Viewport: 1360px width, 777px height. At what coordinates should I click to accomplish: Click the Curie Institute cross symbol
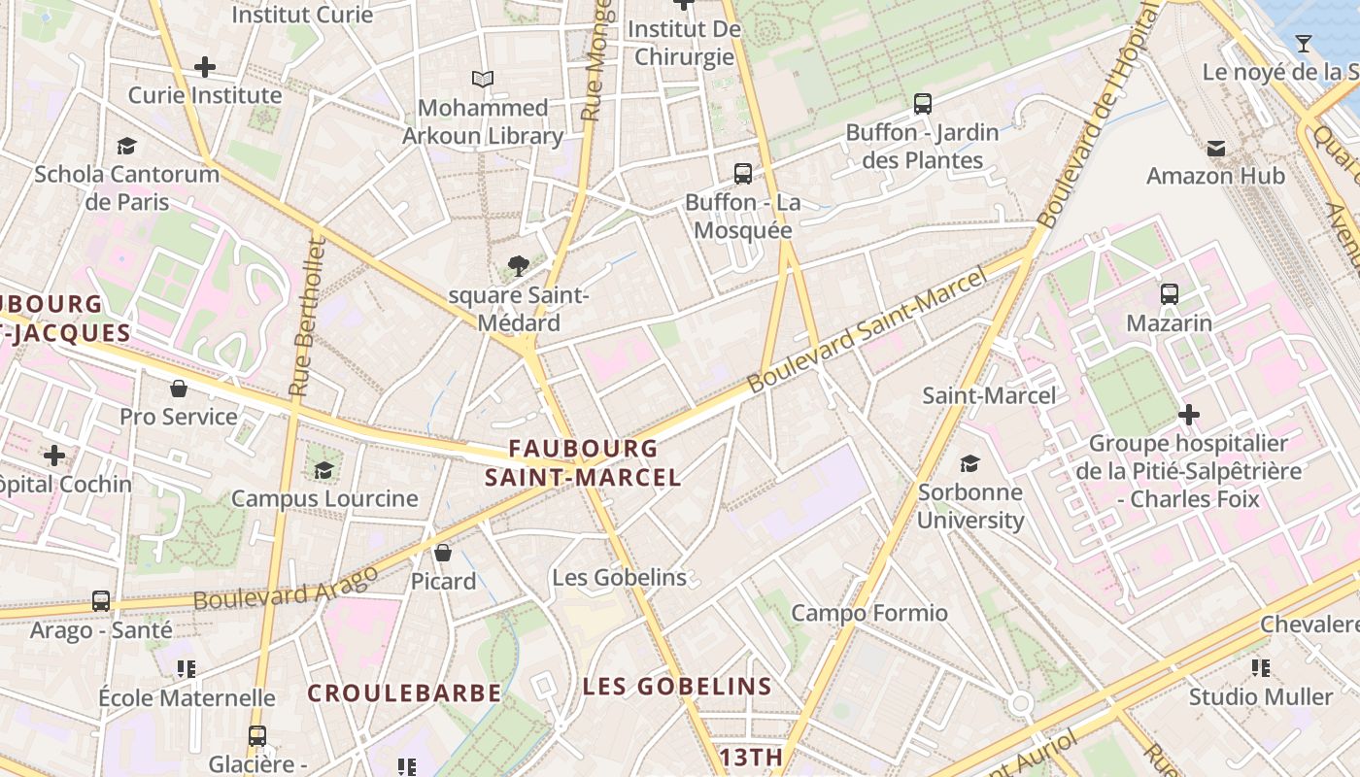tap(204, 67)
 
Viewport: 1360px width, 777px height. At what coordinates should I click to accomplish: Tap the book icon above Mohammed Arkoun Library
tap(483, 79)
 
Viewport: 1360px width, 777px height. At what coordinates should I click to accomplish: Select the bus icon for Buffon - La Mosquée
tap(743, 174)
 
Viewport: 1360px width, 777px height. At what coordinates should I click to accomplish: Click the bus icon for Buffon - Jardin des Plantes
tap(923, 103)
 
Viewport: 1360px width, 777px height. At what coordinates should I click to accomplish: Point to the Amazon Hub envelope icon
tap(1215, 148)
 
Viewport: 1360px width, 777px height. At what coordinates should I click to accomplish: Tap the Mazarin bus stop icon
tap(1170, 293)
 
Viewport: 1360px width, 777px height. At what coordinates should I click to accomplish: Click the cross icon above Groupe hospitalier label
tap(1188, 415)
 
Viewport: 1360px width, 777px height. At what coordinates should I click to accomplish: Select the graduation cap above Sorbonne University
tap(969, 463)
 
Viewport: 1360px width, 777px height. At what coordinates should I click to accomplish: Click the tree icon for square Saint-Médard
tap(519, 265)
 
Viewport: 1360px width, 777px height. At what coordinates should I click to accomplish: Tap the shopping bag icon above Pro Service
tap(179, 388)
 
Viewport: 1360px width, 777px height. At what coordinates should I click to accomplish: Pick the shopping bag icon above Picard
tap(443, 553)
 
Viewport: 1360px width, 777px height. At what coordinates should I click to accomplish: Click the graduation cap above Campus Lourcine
tap(323, 470)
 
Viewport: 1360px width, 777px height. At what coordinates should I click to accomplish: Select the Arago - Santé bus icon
tap(101, 601)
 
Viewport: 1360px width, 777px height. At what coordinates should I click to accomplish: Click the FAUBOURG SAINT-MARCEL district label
tap(583, 463)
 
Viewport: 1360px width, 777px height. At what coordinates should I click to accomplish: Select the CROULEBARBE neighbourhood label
tap(404, 693)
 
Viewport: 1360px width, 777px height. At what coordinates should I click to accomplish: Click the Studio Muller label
tap(1261, 697)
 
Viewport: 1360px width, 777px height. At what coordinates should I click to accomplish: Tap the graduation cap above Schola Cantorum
tap(126, 146)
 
